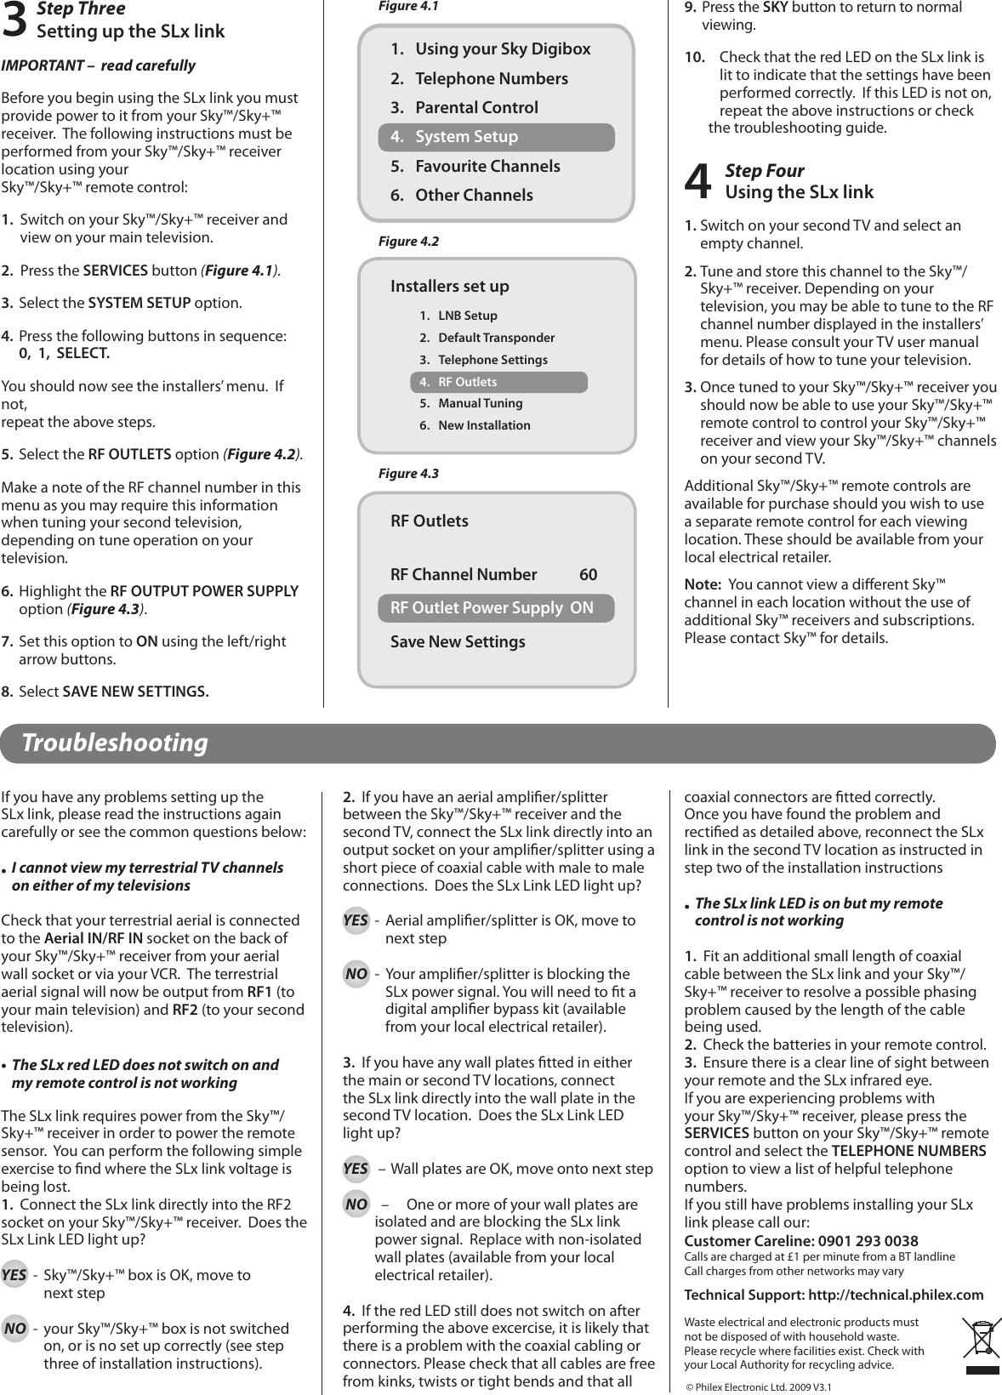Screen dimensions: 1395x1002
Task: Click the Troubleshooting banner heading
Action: click(115, 743)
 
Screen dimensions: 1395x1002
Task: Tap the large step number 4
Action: click(698, 182)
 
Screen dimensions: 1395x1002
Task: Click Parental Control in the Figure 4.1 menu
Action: click(475, 108)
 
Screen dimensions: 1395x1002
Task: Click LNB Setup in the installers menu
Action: click(467, 316)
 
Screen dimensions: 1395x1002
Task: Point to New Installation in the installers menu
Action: click(483, 425)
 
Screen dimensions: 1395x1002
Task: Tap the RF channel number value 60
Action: click(588, 575)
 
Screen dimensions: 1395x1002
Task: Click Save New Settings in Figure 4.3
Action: click(458, 642)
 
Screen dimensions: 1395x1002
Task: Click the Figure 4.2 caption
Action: click(408, 242)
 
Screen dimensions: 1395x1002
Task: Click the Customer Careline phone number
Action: click(866, 1241)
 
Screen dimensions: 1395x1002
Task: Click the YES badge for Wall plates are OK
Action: click(356, 1169)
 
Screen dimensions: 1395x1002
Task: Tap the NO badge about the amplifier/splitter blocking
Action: click(356, 974)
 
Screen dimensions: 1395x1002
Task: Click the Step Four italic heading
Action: click(764, 171)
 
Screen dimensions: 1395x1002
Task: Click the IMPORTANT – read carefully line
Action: click(98, 65)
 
